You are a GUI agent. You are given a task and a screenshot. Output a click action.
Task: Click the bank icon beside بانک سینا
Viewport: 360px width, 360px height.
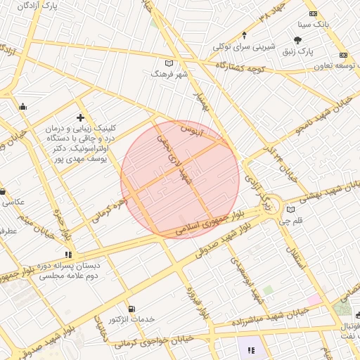tap(313, 14)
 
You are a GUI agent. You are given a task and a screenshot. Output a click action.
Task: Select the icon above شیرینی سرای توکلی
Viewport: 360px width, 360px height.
tap(244, 35)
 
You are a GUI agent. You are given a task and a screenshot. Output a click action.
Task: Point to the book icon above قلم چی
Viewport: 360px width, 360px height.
tap(291, 210)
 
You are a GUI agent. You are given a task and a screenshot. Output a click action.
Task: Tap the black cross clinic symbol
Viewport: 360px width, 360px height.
tap(81, 117)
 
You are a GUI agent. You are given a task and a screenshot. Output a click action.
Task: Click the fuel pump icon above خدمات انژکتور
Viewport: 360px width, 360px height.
tap(131, 309)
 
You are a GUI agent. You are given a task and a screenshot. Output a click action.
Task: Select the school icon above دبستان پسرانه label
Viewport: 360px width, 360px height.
tap(68, 255)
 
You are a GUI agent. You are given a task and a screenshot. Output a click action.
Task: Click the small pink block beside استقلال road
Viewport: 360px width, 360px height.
tap(314, 300)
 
